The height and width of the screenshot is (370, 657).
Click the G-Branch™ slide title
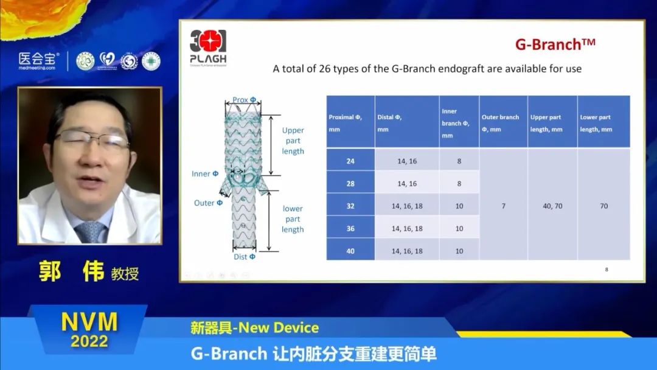pos(555,44)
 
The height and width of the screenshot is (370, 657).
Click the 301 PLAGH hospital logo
pos(208,46)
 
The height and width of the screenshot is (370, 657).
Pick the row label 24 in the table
pos(350,161)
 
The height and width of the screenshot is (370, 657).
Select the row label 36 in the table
pos(350,228)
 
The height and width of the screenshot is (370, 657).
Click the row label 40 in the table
pos(350,251)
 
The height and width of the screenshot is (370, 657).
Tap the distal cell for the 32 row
pos(407,206)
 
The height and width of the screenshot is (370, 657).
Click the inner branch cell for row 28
pos(459,183)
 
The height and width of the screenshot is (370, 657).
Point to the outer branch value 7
pos(503,206)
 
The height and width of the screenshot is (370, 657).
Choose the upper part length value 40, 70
pos(552,206)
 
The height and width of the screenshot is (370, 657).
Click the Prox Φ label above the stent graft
pos(244,100)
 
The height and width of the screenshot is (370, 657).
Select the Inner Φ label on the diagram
pos(205,174)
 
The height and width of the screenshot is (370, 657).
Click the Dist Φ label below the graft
pos(245,257)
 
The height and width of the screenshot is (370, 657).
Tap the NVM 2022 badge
pos(89,330)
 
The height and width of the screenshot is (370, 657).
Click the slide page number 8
pos(607,269)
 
